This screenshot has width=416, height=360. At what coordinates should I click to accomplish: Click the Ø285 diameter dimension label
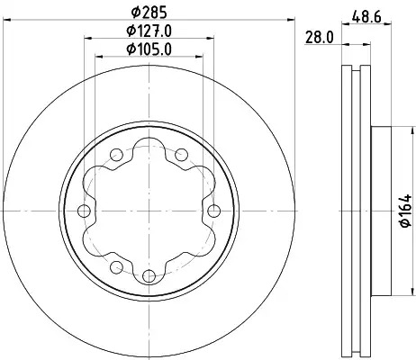point(149,13)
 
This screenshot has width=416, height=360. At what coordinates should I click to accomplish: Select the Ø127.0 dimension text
point(149,31)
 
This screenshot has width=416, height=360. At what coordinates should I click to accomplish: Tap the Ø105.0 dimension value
point(149,49)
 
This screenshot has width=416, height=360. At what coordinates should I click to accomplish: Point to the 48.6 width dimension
point(366,17)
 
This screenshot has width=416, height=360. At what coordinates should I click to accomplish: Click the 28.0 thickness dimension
point(320,38)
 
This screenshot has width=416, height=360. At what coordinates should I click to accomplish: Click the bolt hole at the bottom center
point(149,275)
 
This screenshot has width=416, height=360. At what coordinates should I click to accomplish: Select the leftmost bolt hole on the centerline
point(84,211)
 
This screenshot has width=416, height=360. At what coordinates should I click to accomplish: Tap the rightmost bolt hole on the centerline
point(213,211)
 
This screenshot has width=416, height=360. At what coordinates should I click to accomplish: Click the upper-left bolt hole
point(116,155)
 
